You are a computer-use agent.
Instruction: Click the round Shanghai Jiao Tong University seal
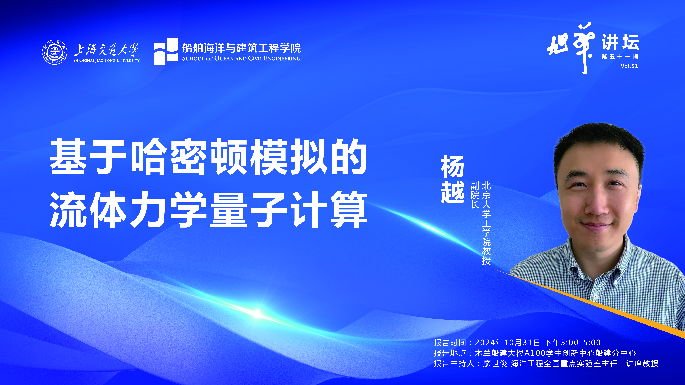tap(55, 52)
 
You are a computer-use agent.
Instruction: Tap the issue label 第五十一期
tap(620, 57)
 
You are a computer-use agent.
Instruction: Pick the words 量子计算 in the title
tap(289, 210)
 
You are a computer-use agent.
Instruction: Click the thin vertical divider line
tap(403, 192)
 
